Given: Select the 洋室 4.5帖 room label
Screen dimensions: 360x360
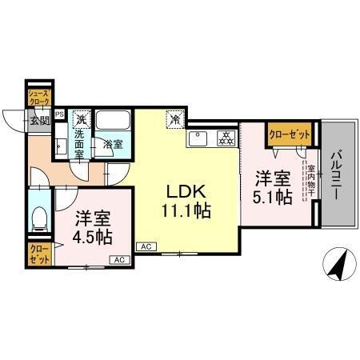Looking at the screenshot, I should click(x=94, y=227).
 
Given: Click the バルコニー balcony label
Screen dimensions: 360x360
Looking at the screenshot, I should click(x=337, y=173).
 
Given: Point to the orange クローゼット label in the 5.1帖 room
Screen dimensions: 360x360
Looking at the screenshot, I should click(x=290, y=134).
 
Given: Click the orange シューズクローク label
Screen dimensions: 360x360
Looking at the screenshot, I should click(x=39, y=98).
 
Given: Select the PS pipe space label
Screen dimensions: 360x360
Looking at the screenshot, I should click(x=59, y=114).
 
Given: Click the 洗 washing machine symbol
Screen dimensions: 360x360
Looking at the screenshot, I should click(x=80, y=119).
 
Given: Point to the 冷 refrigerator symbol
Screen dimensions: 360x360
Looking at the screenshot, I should click(x=174, y=119).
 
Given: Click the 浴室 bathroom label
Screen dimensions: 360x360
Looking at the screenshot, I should click(x=113, y=145).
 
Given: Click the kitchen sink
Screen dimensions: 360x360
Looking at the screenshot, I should click(x=198, y=138).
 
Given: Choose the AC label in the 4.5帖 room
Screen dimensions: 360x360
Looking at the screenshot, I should click(x=118, y=259).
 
